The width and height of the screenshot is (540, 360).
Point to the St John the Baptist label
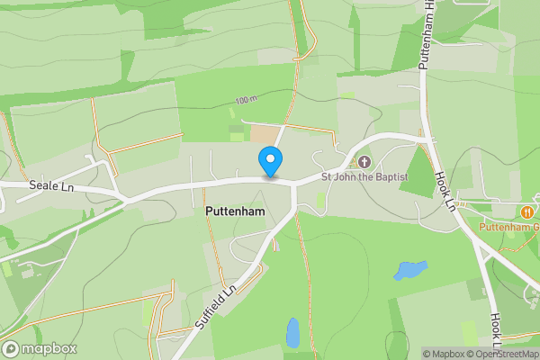point(364,177)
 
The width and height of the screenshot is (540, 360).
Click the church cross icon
point(364,162)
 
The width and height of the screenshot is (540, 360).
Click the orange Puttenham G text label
point(514,228)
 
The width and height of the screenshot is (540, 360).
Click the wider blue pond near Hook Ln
point(409,269)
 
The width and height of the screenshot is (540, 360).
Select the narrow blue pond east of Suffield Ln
point(292,332)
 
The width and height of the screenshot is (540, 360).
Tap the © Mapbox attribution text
point(445,354)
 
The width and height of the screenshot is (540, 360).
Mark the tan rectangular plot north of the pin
point(264,133)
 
